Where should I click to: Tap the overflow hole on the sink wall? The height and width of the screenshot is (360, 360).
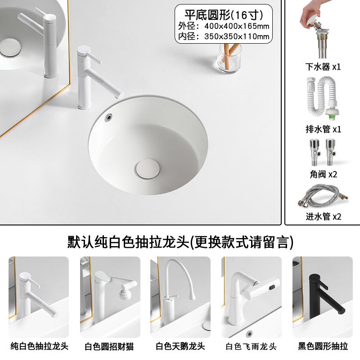pos(108,117)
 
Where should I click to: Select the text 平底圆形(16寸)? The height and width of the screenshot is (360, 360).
pos(224,15)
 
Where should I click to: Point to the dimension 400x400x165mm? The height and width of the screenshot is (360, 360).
pos(237,26)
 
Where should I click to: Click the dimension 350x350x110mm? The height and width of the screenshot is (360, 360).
pos(237,36)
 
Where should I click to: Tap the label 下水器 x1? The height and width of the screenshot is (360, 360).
pos(323,67)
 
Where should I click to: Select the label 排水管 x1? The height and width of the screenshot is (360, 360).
pos(323,129)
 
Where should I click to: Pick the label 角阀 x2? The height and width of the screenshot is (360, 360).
pos(323,175)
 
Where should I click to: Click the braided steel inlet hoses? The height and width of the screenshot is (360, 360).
pos(323,195)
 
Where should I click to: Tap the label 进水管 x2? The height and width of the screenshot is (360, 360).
pos(323,216)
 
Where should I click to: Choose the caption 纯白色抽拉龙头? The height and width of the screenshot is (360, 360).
pos(39,346)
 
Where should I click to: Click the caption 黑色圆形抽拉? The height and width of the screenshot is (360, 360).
pos(323,346)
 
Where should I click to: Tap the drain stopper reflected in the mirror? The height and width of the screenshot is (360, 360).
pos(10,48)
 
